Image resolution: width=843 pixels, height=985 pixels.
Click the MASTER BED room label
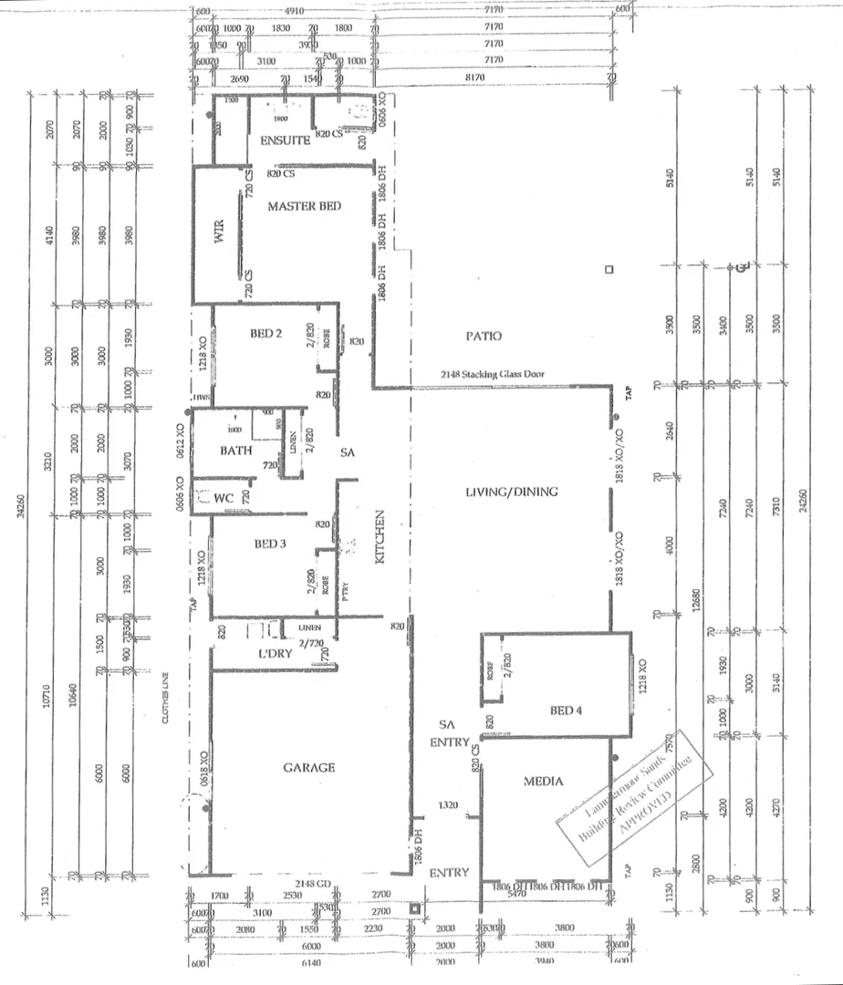[x=304, y=207]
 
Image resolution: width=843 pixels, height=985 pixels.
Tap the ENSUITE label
[x=286, y=141]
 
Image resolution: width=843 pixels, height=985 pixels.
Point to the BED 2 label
[x=265, y=334]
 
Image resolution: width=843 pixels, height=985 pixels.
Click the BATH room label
[x=235, y=451]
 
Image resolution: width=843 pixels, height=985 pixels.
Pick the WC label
[x=224, y=499]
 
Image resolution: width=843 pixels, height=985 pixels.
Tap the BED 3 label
[x=270, y=544]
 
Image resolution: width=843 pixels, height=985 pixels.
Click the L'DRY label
[x=274, y=654]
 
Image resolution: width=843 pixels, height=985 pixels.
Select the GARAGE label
[x=308, y=768]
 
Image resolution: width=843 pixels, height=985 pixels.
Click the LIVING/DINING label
[x=511, y=493]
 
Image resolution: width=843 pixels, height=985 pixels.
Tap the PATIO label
[x=484, y=337]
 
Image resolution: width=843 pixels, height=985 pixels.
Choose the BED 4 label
[x=566, y=710]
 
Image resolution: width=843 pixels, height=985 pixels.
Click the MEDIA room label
[x=544, y=782]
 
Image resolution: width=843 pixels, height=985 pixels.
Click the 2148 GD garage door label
[x=310, y=884]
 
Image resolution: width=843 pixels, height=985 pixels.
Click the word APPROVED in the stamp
[x=646, y=811]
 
